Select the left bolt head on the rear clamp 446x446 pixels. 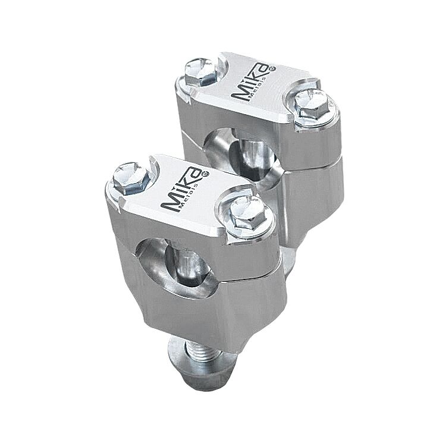200,70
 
